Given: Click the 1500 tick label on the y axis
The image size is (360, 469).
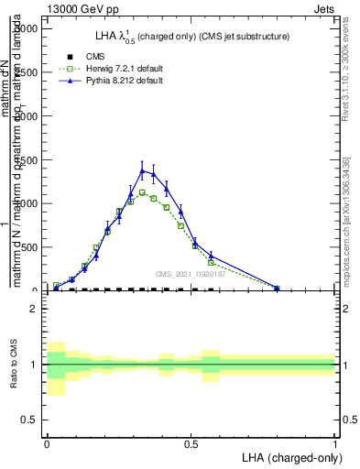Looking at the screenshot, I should [x=26, y=159].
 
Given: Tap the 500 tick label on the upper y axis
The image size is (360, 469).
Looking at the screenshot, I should [x=29, y=247].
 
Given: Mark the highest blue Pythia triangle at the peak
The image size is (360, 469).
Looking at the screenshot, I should [x=142, y=170].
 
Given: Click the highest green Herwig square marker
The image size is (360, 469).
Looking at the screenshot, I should [x=142, y=192].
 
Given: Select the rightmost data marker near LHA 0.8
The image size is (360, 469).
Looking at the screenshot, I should [x=277, y=288].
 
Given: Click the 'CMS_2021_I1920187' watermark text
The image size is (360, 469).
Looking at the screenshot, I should [x=191, y=273].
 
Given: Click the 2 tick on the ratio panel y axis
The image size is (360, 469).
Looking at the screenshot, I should [x=34, y=309].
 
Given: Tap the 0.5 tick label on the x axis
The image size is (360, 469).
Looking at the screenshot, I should [x=191, y=442].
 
